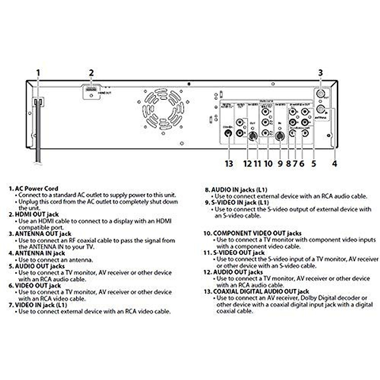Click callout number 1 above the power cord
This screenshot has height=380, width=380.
point(38,73)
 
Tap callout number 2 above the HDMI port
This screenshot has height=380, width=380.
point(91,73)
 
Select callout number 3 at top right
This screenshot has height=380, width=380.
point(320,73)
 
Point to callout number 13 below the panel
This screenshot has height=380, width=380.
point(229,164)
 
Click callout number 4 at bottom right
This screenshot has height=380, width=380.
point(335,164)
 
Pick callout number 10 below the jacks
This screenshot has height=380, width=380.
point(268,164)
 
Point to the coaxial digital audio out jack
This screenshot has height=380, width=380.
point(228,133)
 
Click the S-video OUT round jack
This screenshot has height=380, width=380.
point(252,136)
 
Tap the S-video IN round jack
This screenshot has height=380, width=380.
point(279,136)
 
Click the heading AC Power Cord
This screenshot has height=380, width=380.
point(37,189)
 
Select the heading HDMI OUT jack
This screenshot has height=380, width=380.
point(37,215)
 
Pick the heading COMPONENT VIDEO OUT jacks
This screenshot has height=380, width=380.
point(257,233)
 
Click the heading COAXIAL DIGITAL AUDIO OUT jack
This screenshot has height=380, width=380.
point(261,291)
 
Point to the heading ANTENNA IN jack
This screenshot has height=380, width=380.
point(40,253)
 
